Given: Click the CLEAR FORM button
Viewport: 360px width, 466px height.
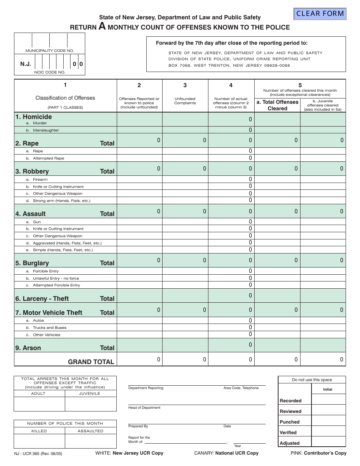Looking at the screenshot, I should tap(320, 14).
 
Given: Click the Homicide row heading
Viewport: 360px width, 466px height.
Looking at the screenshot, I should tap(33, 117).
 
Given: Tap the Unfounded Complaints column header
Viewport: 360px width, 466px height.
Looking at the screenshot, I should tap(185, 101).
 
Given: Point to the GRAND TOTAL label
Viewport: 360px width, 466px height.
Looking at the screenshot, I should tap(91, 362).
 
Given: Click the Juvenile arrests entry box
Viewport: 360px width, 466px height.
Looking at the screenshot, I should tap(90, 404).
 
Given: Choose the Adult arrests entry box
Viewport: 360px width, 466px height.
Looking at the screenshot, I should tap(39, 404).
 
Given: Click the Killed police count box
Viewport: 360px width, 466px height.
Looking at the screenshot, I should tap(39, 441).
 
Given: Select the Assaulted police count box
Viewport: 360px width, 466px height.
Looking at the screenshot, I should tap(90, 441).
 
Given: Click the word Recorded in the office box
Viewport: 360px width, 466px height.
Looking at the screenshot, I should tap(290, 401).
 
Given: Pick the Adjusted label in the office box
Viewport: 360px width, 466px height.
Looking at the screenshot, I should tap(290, 443).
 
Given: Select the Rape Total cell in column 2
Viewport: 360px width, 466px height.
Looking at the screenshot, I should tap(139, 140).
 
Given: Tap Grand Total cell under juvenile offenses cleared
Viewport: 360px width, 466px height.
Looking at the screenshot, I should tap(323, 360).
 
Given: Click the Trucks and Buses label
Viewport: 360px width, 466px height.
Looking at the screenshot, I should tap(49, 328).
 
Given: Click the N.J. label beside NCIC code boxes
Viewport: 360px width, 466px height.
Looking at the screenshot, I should tap(25, 64).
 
